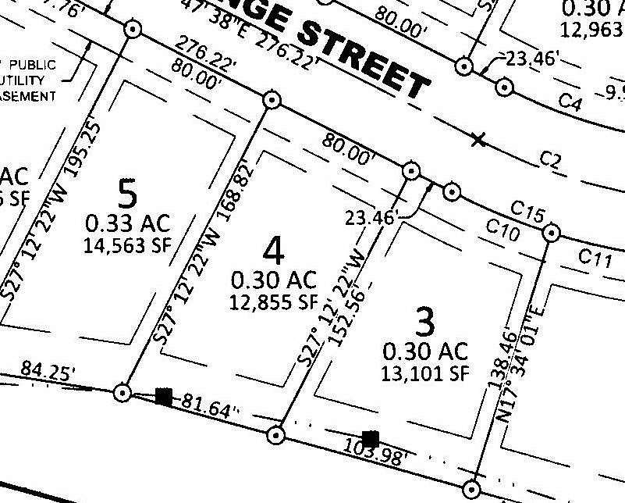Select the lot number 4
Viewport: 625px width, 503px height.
click(x=273, y=250)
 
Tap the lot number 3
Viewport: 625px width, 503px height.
click(x=424, y=320)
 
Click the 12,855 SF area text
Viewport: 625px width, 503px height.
click(x=273, y=302)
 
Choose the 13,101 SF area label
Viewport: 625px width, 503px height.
click(x=425, y=373)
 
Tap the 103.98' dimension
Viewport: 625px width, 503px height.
click(x=375, y=452)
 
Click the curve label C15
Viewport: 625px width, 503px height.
click(x=527, y=211)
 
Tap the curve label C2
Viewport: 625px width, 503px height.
click(x=551, y=161)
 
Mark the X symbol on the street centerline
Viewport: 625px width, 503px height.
click(x=478, y=140)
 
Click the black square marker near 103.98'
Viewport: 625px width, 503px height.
click(x=371, y=439)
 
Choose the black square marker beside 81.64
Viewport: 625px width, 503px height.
click(x=163, y=396)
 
